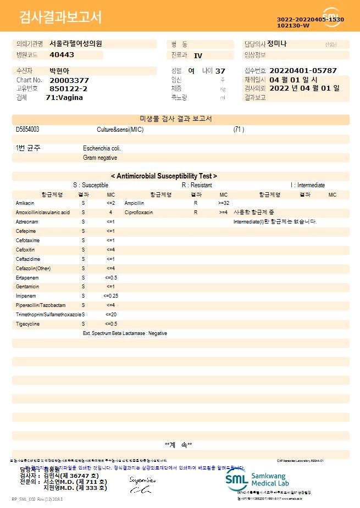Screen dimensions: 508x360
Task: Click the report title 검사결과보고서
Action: pyautogui.click(x=60, y=18)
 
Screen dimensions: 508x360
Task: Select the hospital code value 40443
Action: pyautogui.click(x=62, y=55)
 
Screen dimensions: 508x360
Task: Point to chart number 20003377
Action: pyautogui.click(x=69, y=80)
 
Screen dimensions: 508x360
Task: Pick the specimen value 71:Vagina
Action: pyautogui.click(x=64, y=97)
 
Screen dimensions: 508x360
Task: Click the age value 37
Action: pyautogui.click(x=220, y=71)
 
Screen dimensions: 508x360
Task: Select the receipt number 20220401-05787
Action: pyautogui.click(x=303, y=71)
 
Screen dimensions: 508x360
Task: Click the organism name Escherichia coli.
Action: pyautogui.click(x=102, y=148)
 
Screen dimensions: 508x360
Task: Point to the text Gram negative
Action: pyautogui.click(x=100, y=158)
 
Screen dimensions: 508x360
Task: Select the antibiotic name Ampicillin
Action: pyautogui.click(x=134, y=203)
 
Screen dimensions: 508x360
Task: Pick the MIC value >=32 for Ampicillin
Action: pyautogui.click(x=224, y=203)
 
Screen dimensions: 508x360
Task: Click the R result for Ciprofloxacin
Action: pyautogui.click(x=195, y=212)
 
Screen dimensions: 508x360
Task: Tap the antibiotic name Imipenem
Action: pyautogui.click(x=26, y=296)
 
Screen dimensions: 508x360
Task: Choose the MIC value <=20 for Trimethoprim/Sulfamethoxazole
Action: pyautogui.click(x=110, y=315)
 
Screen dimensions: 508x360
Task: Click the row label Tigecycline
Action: pyautogui.click(x=28, y=324)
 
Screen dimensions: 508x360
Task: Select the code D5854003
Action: pyautogui.click(x=27, y=130)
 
